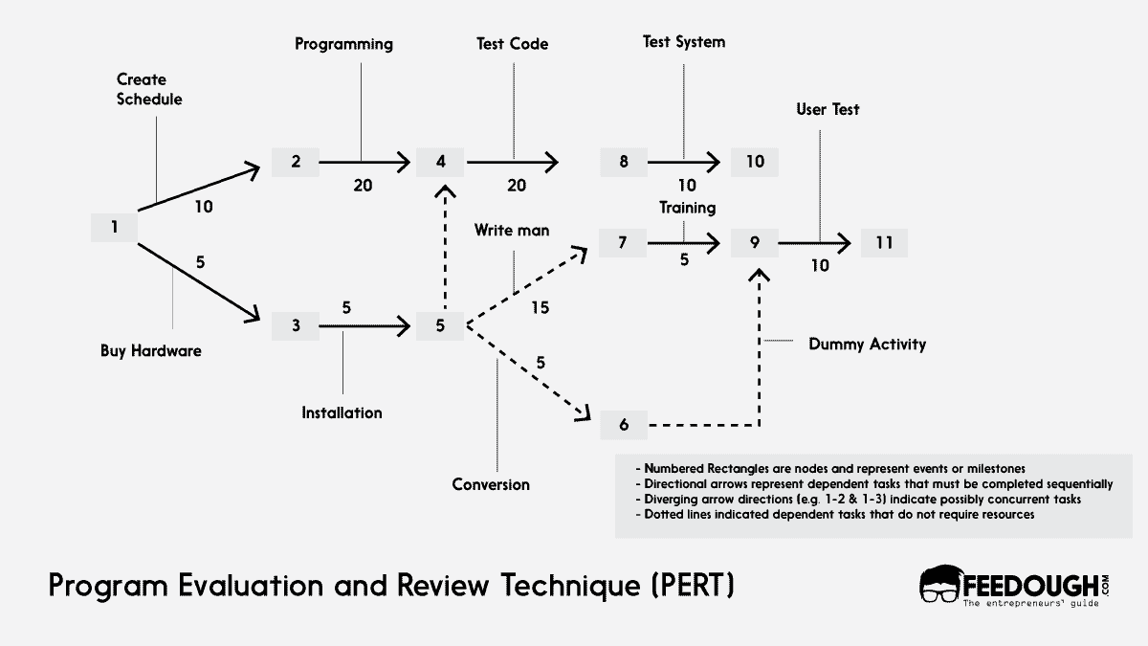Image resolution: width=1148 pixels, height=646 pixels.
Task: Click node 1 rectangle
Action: click(x=114, y=228)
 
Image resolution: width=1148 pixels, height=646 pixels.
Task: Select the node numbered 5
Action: click(x=440, y=325)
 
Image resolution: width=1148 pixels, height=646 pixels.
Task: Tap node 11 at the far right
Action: click(x=883, y=243)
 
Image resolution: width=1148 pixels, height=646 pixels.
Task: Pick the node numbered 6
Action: click(x=624, y=425)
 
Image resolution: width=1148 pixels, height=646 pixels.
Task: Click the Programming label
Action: click(x=343, y=44)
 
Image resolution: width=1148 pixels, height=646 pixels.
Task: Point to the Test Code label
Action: click(x=512, y=44)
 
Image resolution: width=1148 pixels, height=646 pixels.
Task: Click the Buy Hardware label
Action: click(x=151, y=350)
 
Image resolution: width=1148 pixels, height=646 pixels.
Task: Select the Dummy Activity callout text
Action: click(x=867, y=344)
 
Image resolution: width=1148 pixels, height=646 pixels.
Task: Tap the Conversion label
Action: click(x=491, y=484)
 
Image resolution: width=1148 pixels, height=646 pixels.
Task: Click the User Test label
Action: click(x=828, y=109)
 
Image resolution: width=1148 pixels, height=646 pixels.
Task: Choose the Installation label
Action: click(x=342, y=412)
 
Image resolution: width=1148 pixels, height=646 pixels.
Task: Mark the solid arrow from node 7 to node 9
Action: click(x=683, y=243)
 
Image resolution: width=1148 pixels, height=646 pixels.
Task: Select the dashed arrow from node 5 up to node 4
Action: click(x=440, y=249)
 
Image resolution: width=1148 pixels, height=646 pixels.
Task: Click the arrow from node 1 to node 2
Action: click(x=201, y=187)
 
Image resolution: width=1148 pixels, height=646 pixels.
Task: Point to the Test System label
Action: click(x=682, y=42)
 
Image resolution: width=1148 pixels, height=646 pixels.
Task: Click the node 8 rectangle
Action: click(x=624, y=162)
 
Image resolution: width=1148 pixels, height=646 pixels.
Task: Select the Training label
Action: click(x=686, y=207)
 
